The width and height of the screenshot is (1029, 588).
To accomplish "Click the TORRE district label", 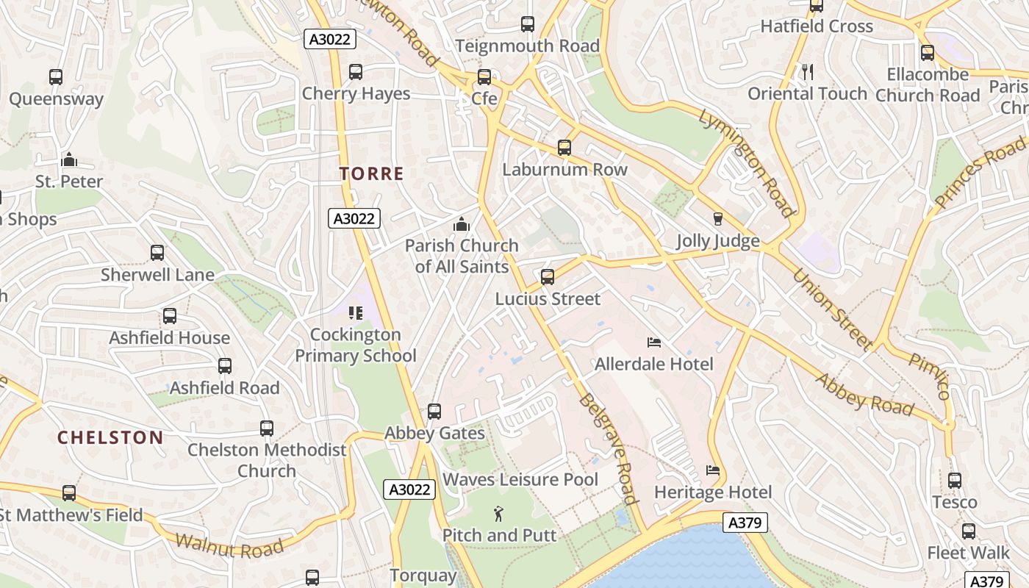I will (371, 174).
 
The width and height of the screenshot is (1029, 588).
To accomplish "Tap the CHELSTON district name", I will (110, 438).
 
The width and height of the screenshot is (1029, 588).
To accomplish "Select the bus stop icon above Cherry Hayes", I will (356, 72).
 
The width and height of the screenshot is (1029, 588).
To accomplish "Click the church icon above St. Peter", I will (69, 159).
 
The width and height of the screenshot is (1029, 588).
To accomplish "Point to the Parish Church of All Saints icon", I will (462, 223).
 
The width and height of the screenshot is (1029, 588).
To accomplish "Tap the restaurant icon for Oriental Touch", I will (808, 71).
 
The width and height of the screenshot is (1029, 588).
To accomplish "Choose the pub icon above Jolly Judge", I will (718, 219).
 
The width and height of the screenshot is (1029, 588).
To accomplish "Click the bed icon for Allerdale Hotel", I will (653, 343).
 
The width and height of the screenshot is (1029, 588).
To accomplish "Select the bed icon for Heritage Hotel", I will (712, 470).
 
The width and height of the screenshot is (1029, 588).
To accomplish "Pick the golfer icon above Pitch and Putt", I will (499, 513).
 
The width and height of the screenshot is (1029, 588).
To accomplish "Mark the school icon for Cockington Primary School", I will (356, 313).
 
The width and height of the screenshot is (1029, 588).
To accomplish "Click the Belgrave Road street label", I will (608, 448).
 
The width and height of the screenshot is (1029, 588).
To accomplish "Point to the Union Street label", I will (833, 309).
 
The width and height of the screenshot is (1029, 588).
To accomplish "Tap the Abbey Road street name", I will (865, 395).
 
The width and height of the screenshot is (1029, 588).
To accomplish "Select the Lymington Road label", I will (746, 163).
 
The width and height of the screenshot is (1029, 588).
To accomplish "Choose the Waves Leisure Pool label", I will (520, 480).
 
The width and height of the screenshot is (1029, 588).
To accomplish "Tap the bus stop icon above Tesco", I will (955, 481).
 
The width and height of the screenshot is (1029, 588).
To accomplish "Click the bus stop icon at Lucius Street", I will (548, 277).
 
